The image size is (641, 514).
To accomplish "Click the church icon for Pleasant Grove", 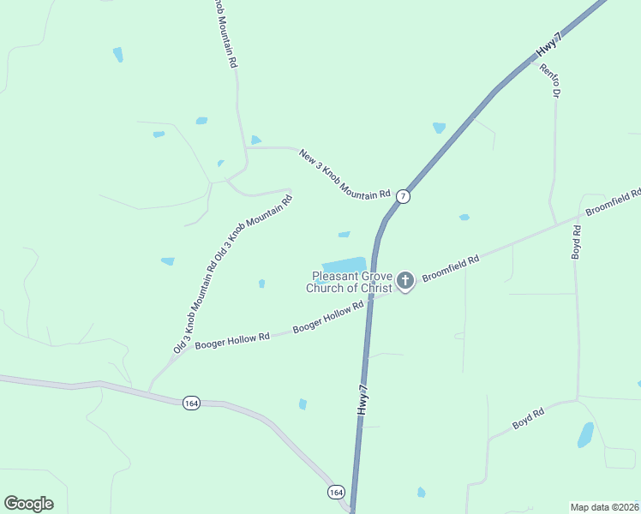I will click(405, 280).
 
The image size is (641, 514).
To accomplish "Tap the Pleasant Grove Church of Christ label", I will click(350, 282).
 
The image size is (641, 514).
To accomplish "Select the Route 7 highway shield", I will click(403, 196).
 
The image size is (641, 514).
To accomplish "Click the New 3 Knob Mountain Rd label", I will click(344, 175).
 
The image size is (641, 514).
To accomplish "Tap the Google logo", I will click(28, 504).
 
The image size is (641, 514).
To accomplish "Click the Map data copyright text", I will click(604, 507).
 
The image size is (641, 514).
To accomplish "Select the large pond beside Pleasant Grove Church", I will click(344, 265).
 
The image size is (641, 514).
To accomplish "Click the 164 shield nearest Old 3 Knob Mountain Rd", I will click(191, 403).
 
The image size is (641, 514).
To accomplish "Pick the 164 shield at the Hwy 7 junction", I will click(336, 492).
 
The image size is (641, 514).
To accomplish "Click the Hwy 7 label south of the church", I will click(363, 399).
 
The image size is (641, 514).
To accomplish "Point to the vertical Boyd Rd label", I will click(576, 242).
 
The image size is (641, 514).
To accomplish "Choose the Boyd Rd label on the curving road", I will click(528, 419).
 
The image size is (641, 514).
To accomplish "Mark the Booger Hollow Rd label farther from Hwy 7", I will click(232, 340).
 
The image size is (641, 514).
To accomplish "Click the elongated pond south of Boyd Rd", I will click(585, 434).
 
